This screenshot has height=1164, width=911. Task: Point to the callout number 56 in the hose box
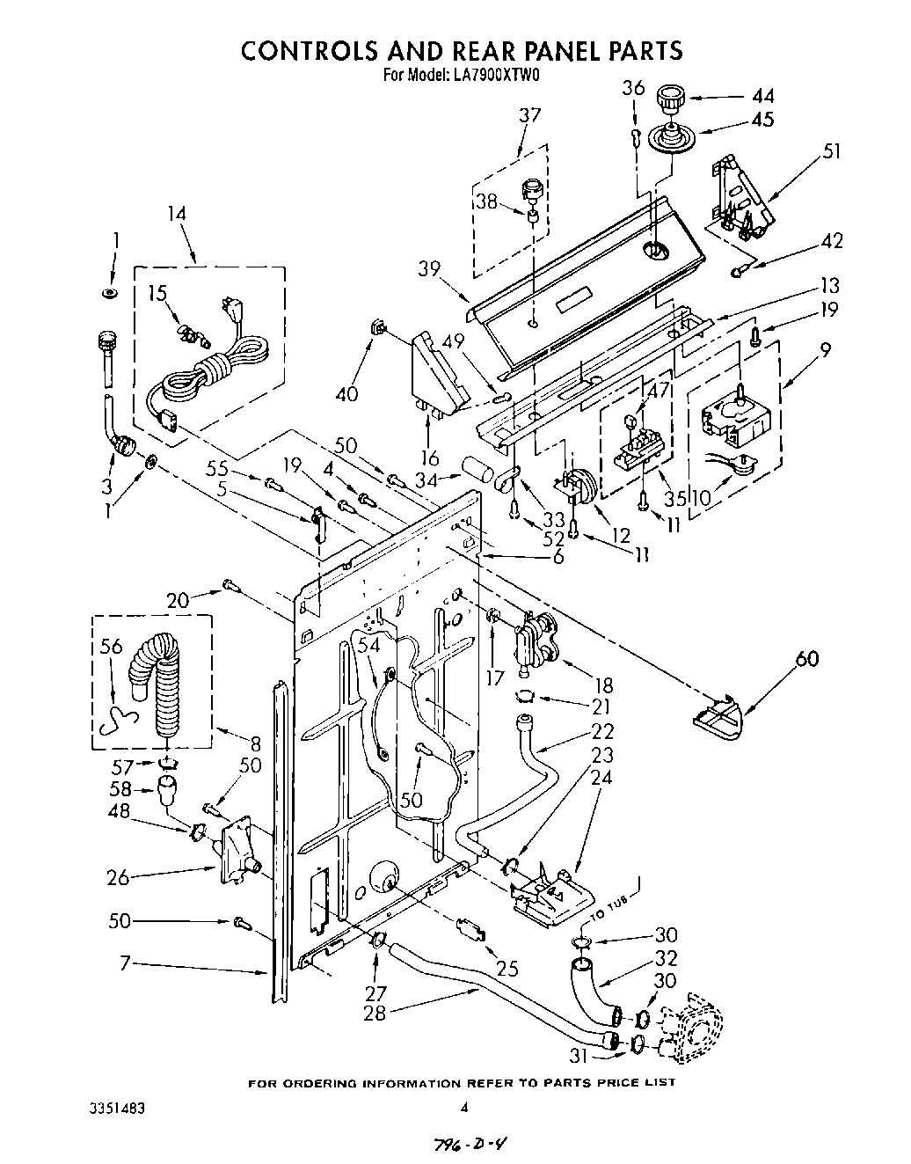(111, 647)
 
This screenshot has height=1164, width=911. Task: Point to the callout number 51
(829, 151)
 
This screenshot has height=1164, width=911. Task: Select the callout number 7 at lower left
(127, 964)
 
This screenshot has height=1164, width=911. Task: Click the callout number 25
(507, 970)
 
